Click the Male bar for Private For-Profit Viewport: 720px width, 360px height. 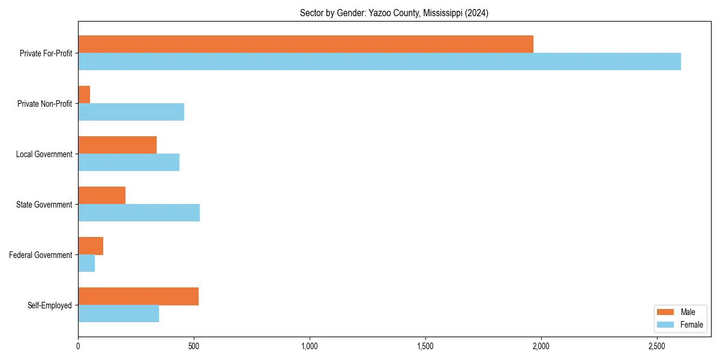click(x=305, y=44)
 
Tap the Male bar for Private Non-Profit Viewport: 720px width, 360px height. click(x=84, y=95)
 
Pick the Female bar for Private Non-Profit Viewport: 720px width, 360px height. click(x=131, y=112)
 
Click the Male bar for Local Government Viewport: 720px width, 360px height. click(x=117, y=145)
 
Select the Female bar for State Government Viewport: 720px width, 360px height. click(x=139, y=213)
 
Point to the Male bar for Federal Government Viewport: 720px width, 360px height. click(x=91, y=246)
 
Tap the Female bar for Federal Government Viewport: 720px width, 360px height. click(x=86, y=263)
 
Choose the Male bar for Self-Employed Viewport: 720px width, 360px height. click(x=138, y=296)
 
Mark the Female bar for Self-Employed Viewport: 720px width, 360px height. click(x=118, y=314)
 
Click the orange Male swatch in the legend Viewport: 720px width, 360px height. click(x=666, y=312)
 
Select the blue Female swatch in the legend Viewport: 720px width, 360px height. click(x=666, y=325)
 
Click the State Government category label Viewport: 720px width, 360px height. click(x=44, y=205)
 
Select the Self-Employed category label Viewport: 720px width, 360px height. click(x=49, y=305)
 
